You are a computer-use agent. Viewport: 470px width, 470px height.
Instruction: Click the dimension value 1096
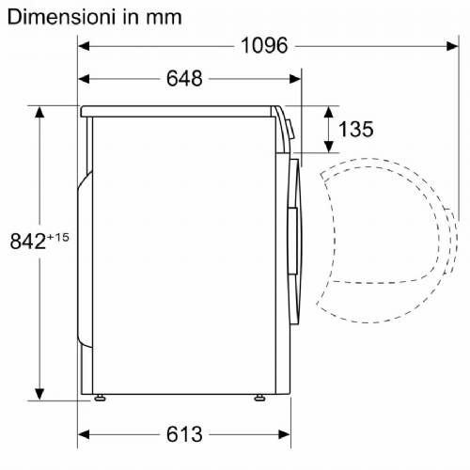pyautogui.click(x=263, y=45)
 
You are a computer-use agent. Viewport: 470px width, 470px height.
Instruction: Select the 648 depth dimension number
pyautogui.click(x=185, y=79)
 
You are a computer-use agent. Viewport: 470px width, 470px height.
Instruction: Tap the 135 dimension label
pyautogui.click(x=355, y=130)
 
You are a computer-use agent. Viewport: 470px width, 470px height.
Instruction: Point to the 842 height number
pyautogui.click(x=27, y=243)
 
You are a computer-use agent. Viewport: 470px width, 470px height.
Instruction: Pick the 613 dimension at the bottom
pyautogui.click(x=185, y=434)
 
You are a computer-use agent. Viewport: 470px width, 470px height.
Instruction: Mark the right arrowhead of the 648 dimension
pyautogui.click(x=295, y=79)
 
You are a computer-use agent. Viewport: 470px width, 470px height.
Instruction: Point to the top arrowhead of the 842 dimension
pyautogui.click(x=40, y=112)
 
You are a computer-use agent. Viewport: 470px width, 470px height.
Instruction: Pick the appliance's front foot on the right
pyautogui.click(x=258, y=399)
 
